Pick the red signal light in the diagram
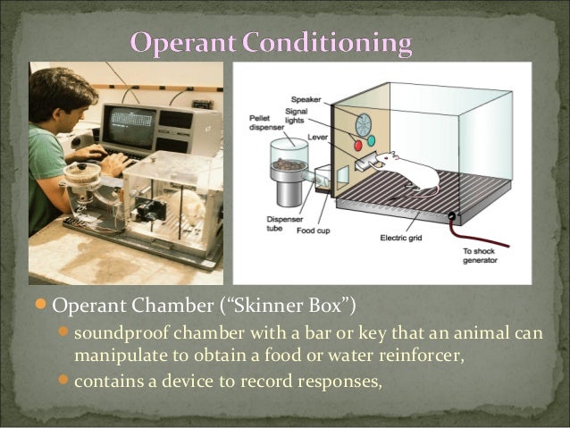coord(358,143)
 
